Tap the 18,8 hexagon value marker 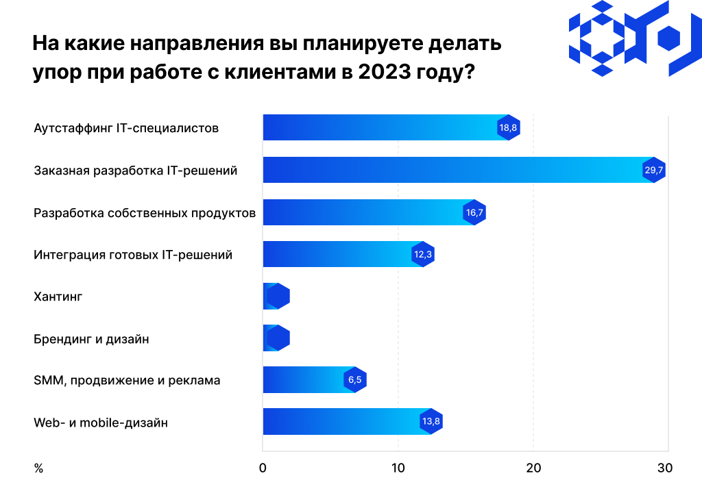(508, 128)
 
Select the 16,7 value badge (474, 213)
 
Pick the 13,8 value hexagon (431, 422)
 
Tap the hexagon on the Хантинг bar (278, 297)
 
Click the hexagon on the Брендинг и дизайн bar (278, 338)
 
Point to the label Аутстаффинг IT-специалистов (126, 128)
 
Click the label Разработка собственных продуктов (145, 213)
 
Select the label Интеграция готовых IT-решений (133, 255)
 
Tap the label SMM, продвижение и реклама (127, 380)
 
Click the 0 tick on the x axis (263, 468)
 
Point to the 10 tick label (398, 468)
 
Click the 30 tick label (665, 468)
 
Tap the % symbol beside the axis (38, 468)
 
